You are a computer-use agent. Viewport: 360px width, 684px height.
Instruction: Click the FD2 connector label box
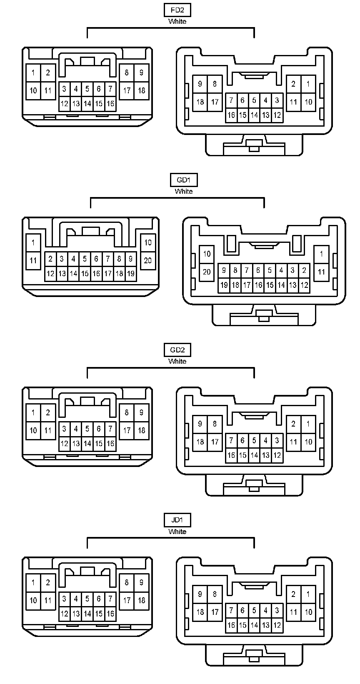pos(177,10)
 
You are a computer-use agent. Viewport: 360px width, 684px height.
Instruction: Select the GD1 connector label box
pos(183,180)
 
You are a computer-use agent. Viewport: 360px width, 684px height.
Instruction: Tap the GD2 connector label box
pos(177,350)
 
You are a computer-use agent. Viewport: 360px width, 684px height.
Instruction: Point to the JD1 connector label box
pos(177,520)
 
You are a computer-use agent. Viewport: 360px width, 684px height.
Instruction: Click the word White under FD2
pos(177,21)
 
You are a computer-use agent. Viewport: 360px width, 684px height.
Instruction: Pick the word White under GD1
pos(183,192)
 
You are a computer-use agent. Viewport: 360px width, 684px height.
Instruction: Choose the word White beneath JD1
pos(177,532)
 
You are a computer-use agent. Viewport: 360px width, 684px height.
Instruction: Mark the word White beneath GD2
pos(177,361)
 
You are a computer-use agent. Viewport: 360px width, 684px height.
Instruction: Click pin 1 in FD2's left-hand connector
pos(33,72)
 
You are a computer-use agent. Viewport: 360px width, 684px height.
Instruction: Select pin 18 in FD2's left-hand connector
pos(141,90)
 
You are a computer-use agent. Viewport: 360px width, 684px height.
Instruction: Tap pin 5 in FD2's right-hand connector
pos(254,100)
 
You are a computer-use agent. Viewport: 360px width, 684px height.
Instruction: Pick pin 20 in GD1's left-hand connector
pos(148,260)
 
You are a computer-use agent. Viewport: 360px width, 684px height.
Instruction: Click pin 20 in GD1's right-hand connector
pos(207,272)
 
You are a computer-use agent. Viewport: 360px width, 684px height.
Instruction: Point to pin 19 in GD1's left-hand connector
pos(131,274)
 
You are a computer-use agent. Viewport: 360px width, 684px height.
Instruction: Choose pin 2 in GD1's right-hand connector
pos(304,270)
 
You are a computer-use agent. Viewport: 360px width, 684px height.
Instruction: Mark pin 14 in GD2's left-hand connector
pos(87,443)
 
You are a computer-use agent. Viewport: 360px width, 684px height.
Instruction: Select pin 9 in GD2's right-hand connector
pos(200,424)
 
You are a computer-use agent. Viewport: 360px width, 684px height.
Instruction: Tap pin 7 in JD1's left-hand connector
pos(110,599)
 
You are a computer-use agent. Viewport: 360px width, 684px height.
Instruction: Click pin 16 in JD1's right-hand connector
pos(231,625)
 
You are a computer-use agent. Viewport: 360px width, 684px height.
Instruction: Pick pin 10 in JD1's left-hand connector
pos(33,600)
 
